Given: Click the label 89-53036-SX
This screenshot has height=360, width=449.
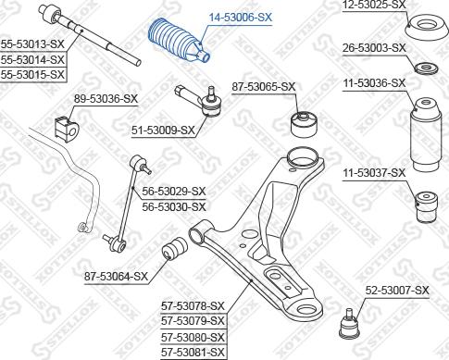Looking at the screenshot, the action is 105,98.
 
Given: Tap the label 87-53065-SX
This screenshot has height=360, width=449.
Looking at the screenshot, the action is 264,87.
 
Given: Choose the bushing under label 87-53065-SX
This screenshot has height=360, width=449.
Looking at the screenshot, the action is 304,121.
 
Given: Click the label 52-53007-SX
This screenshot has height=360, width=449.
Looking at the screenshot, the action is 397,291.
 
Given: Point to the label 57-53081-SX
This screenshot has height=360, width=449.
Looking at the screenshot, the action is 193,352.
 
